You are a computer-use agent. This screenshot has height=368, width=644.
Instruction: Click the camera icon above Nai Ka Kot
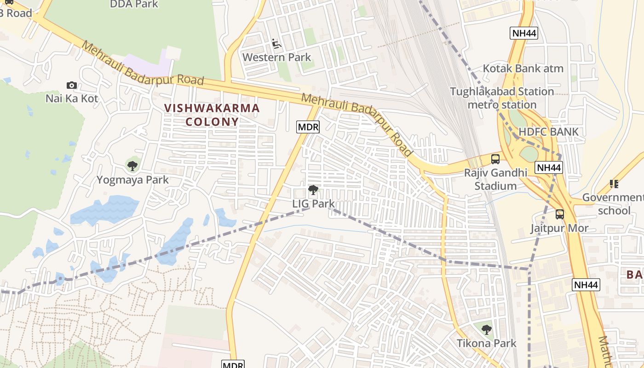71,85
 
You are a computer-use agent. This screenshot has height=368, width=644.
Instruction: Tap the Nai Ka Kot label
72,98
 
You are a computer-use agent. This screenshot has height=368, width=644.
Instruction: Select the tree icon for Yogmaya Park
132,166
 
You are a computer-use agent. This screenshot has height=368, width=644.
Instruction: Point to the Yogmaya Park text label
132,180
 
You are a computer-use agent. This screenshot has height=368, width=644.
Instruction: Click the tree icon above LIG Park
313,190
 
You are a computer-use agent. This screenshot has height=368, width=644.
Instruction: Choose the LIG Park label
313,203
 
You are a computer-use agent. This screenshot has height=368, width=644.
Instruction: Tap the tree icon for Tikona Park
487,329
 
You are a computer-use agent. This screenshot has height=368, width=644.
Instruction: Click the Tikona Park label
486,343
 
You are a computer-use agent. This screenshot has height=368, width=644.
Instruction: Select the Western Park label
277,57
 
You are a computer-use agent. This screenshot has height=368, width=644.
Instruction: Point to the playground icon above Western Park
276,44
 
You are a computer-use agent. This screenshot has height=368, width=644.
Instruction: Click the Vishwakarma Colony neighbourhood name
212,115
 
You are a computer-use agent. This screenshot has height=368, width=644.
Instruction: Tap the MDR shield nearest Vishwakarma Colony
308,127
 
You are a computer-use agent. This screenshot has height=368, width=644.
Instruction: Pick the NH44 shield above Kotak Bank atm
524,33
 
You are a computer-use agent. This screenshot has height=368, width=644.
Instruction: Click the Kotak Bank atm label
523,69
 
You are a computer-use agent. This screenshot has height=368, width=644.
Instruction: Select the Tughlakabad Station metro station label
502,98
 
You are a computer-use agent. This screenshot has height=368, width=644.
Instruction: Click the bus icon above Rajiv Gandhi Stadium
495,159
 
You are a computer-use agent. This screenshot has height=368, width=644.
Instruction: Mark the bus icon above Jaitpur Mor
559,214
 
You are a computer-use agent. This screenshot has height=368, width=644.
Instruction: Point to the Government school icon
614,184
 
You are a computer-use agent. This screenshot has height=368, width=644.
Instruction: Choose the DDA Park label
134,5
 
